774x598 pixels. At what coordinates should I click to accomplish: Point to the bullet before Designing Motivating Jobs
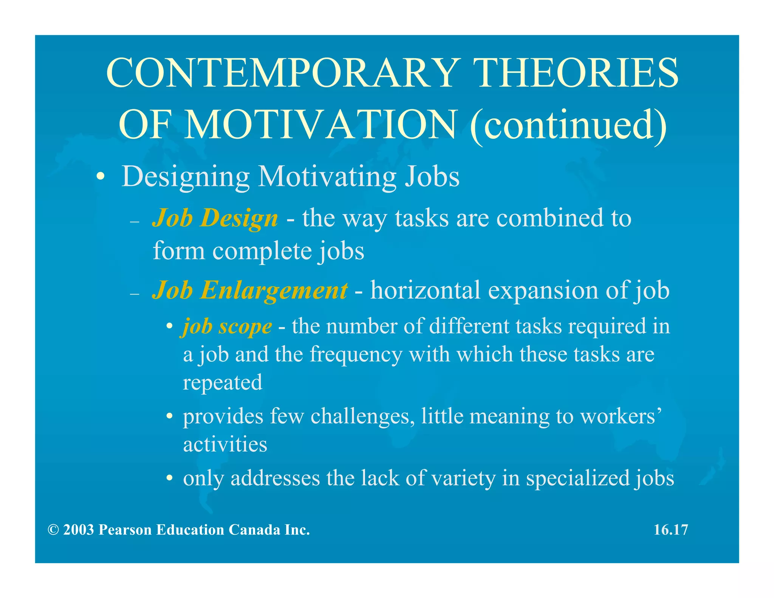click(100, 177)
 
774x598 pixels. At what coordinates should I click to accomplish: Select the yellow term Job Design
click(215, 218)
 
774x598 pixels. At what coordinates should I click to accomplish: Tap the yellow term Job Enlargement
click(249, 290)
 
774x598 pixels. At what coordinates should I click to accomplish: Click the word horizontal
click(425, 290)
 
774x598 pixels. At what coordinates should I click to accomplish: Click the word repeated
click(222, 383)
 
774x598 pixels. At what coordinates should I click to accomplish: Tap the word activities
click(225, 444)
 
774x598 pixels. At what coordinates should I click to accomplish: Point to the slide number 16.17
click(671, 530)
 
